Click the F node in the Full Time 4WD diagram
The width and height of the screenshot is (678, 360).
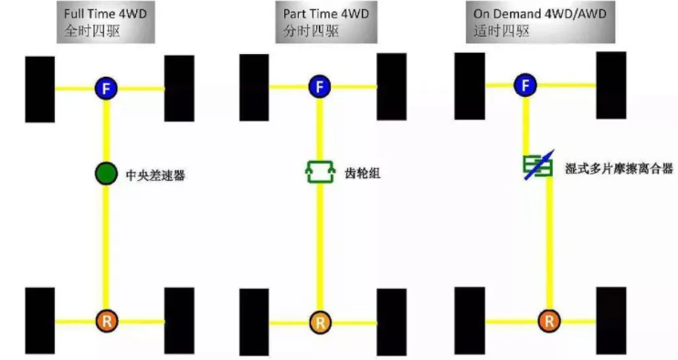tap(106, 88)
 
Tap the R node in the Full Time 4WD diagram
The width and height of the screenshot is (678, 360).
tap(106, 321)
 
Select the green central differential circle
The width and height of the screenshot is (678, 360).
tap(106, 173)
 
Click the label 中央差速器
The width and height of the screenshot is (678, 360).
tap(154, 174)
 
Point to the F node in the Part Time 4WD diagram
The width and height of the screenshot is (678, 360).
tap(318, 87)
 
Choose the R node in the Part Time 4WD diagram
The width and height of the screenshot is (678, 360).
tap(318, 322)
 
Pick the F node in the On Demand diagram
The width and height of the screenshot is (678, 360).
tap(524, 86)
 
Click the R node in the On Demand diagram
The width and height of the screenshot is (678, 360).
tap(547, 320)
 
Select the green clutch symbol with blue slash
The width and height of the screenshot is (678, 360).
tap(535, 165)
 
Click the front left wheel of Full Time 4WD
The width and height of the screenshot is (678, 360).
tap(40, 90)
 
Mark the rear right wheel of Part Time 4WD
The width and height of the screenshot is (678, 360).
tap(391, 322)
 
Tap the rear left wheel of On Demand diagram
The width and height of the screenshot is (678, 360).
tap(470, 320)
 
